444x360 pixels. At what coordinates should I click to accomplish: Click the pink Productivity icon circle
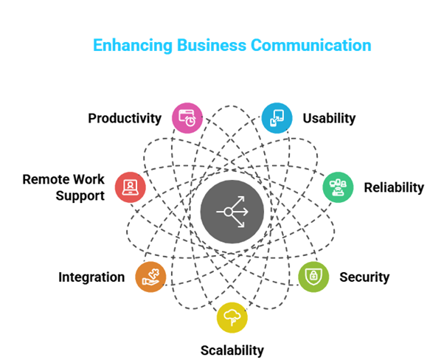[187, 117]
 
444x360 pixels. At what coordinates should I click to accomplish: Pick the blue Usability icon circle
[277, 117]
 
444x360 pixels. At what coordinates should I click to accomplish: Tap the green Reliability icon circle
[338, 187]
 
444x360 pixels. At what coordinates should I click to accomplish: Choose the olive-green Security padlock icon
[313, 277]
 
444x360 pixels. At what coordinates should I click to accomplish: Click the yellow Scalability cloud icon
[232, 318]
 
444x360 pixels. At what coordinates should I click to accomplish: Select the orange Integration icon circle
[150, 277]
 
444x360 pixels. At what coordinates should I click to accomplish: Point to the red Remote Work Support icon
[131, 187]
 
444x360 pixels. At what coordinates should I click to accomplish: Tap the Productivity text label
[125, 118]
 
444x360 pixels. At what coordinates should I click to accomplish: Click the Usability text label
[329, 118]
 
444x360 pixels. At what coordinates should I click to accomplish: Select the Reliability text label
[394, 187]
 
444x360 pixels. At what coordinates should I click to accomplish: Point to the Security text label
[364, 277]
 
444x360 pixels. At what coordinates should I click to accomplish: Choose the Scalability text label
[232, 350]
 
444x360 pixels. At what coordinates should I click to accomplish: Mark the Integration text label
[91, 277]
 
